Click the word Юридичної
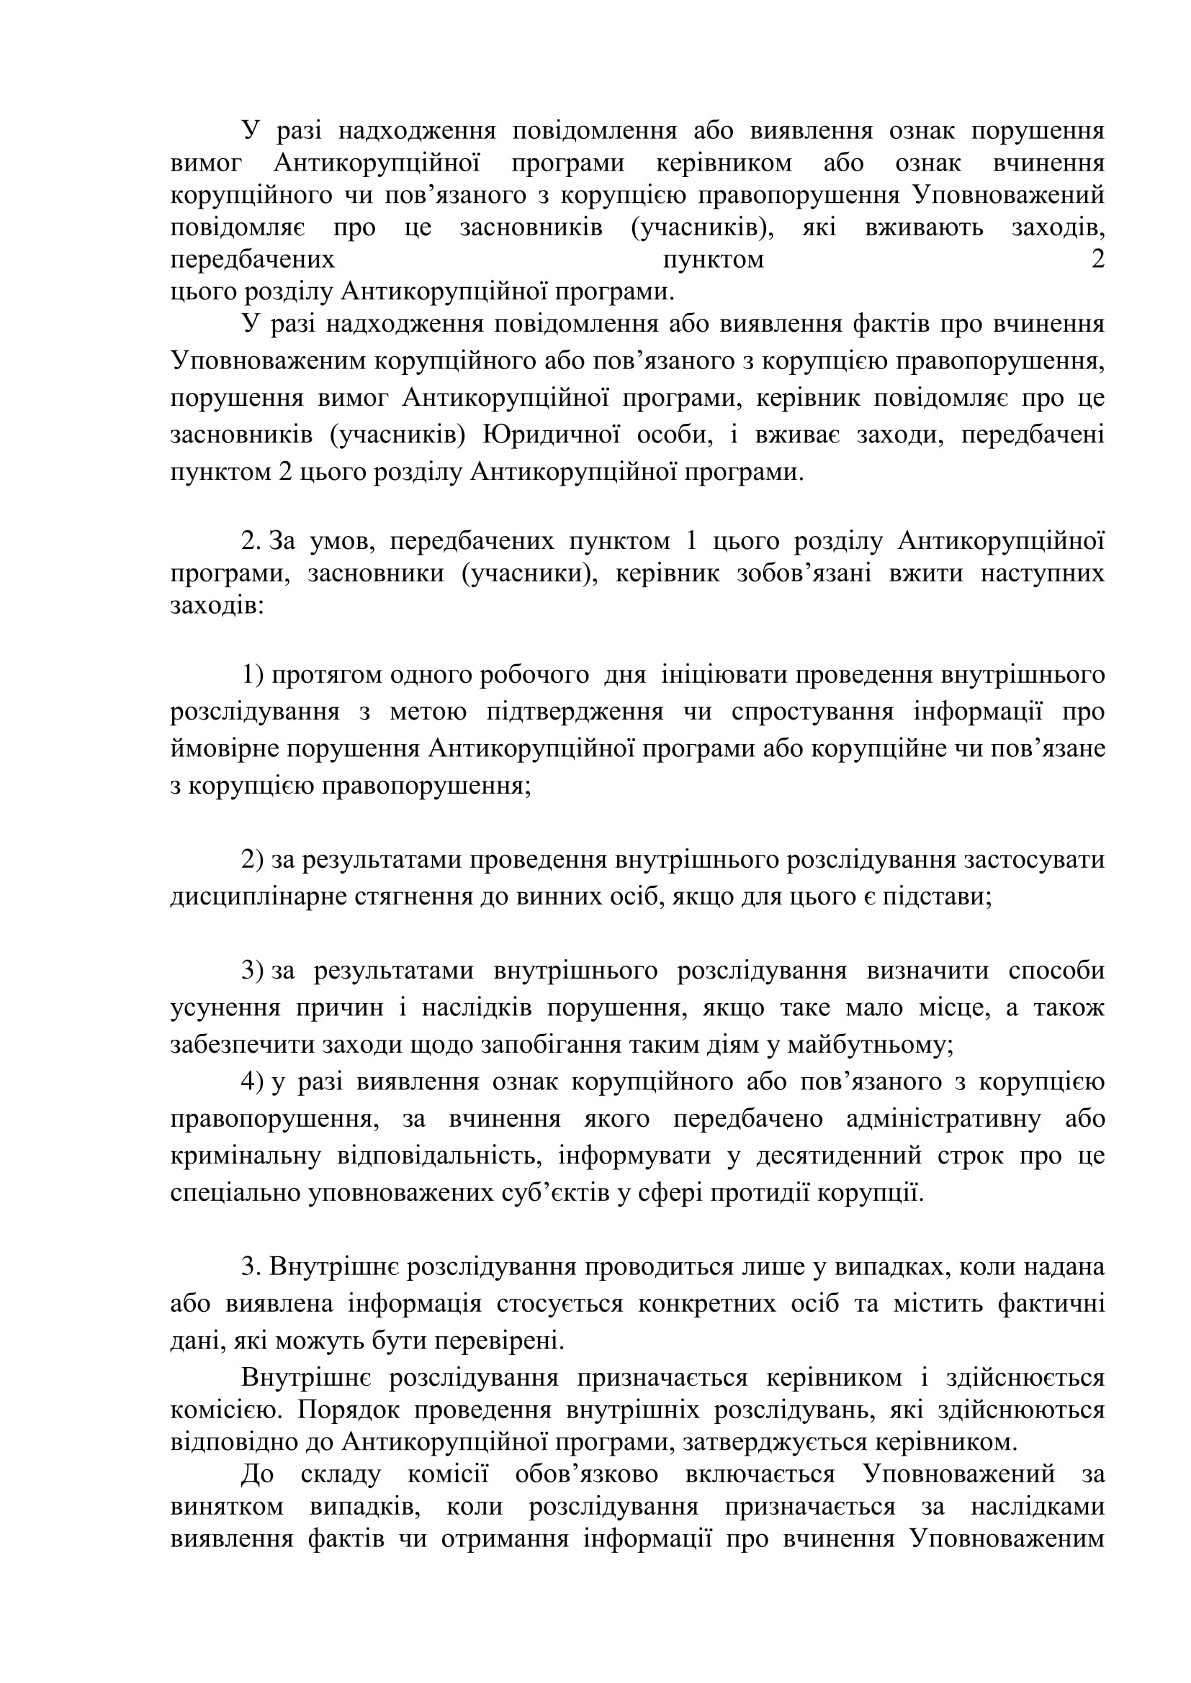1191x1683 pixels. click(548, 435)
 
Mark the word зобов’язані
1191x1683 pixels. click(804, 573)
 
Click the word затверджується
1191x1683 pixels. click(773, 1442)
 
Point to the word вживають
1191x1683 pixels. click(924, 228)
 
